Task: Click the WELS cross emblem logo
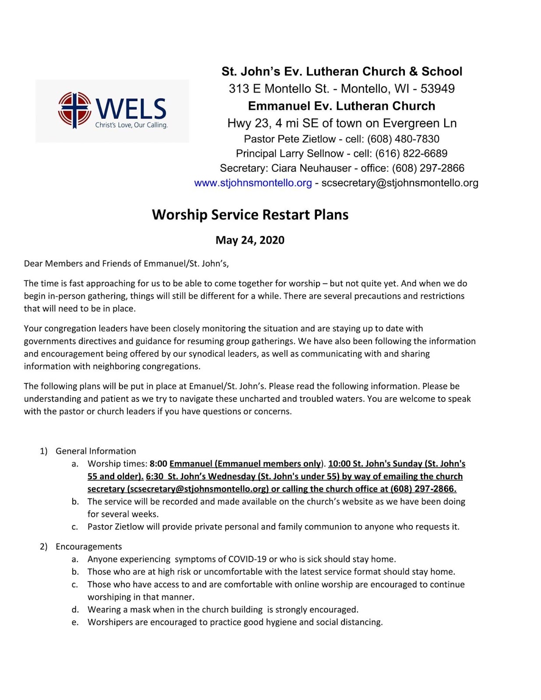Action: (74, 110)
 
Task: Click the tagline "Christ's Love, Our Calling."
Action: (131, 125)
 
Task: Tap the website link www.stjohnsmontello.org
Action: (253, 183)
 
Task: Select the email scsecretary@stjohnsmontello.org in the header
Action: (400, 183)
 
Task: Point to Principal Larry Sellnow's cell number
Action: (411, 154)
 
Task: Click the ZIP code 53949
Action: (437, 89)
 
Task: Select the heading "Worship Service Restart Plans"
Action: (250, 215)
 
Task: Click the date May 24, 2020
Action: (250, 240)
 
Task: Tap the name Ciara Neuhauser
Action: (311, 168)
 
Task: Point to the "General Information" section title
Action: (95, 451)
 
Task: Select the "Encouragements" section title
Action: (89, 546)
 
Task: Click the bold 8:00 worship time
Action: (158, 464)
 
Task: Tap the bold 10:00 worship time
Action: (339, 464)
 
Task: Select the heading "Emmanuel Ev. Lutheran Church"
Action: (341, 106)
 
